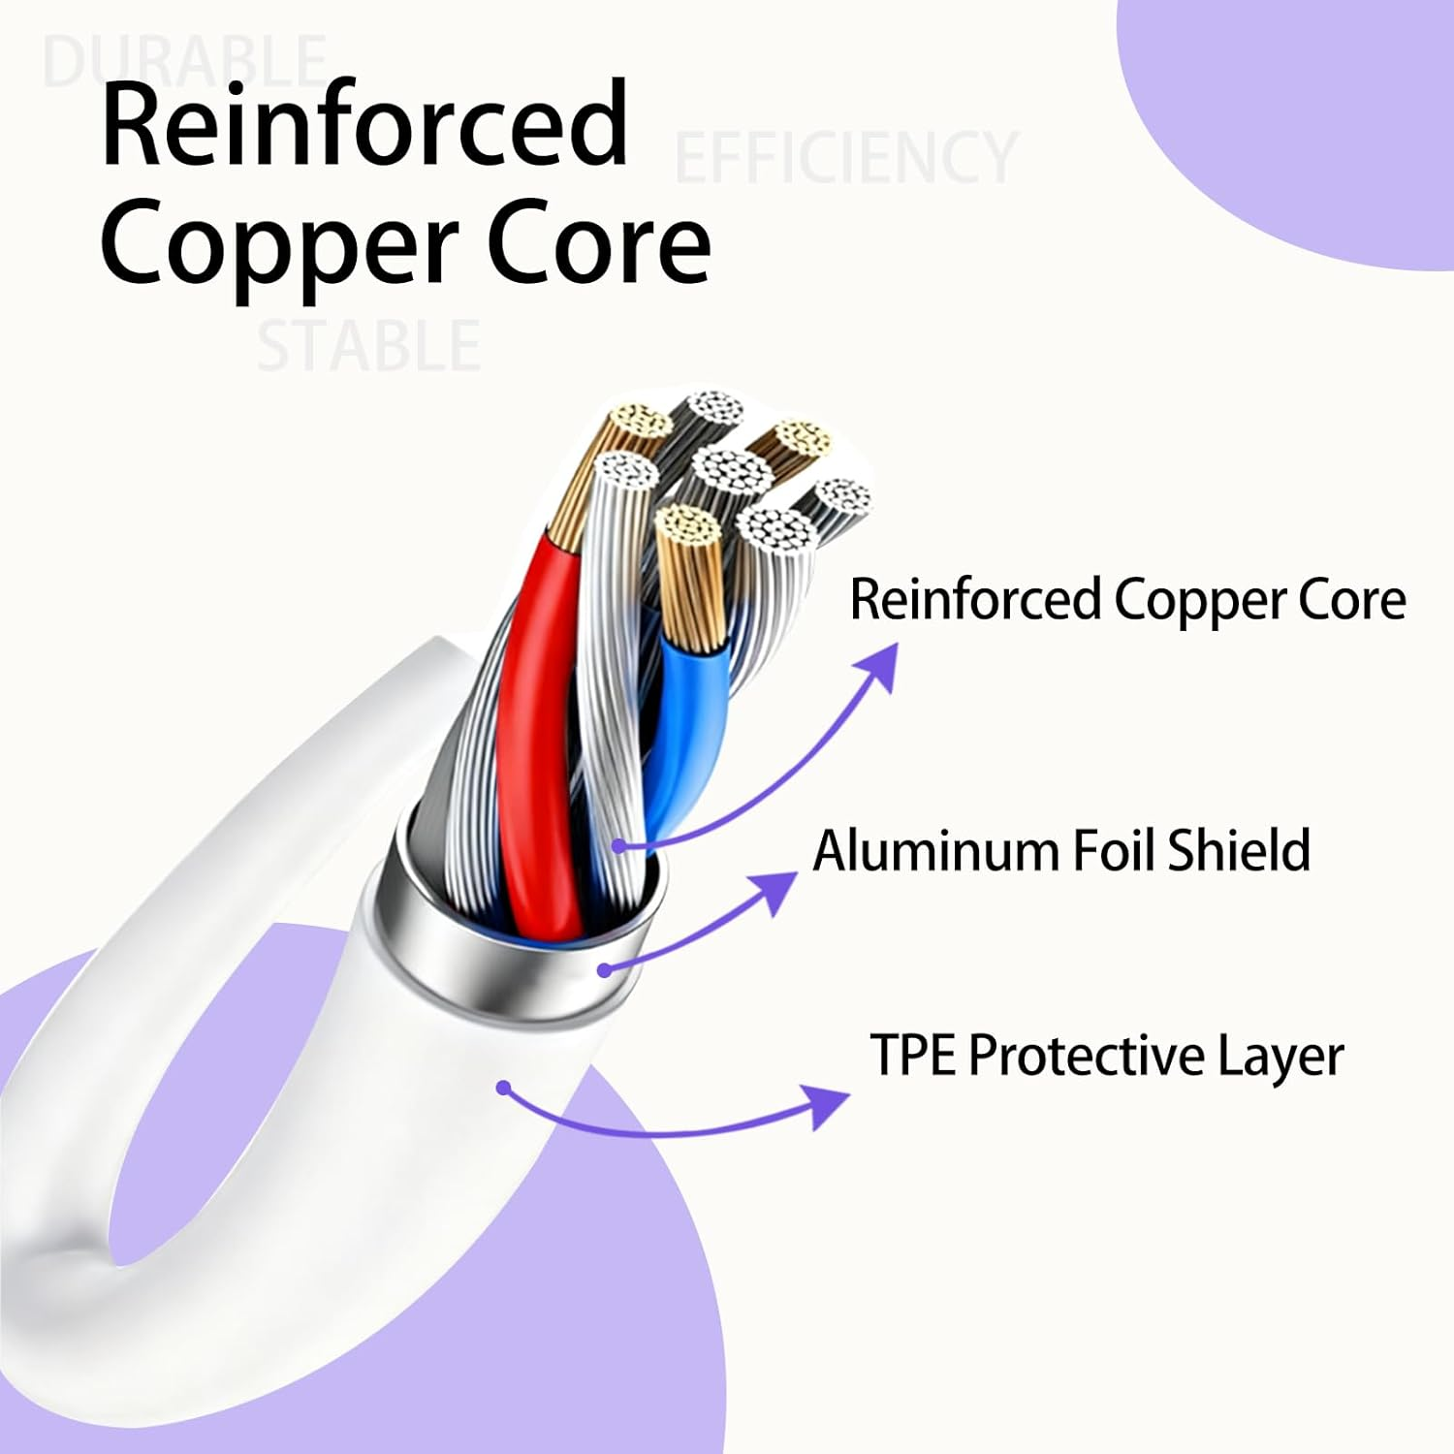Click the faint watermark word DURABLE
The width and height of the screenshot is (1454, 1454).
pos(184,60)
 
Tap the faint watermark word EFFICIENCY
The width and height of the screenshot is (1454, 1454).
pos(845,157)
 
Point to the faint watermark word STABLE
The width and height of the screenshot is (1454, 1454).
pos(368,346)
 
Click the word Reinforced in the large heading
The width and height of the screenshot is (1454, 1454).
pos(364,126)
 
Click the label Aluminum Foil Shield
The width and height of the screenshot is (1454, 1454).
pos(1061,850)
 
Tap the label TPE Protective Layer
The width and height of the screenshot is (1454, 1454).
pos(1106,1055)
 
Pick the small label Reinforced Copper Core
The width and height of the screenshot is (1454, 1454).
pos(1127,599)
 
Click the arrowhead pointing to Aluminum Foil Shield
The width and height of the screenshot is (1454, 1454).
pos(776,891)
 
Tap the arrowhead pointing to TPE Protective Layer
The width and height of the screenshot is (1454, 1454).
pos(829,1105)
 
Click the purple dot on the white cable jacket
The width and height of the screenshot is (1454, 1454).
pos(502,1088)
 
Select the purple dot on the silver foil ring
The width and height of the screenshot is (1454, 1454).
pos(603,969)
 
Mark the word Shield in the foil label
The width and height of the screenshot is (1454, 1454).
pos(1239,850)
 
